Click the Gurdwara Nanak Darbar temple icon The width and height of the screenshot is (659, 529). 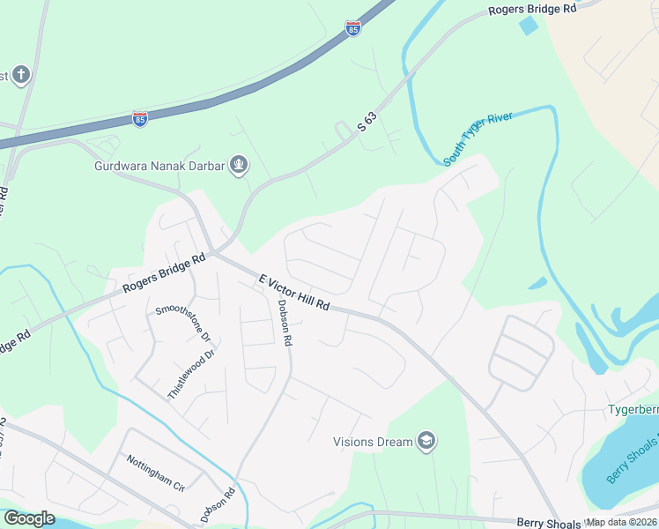(238, 165)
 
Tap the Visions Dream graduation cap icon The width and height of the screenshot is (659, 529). (426, 441)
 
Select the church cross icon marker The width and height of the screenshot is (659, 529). (20, 76)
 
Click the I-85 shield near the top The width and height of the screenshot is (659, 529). (352, 29)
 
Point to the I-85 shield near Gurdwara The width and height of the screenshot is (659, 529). (140, 118)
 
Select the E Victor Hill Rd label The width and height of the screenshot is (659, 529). (294, 292)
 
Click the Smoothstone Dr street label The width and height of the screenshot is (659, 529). (183, 323)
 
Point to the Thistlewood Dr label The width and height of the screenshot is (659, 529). (191, 376)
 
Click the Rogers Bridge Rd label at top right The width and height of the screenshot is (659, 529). (532, 9)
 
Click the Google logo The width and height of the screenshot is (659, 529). (29, 518)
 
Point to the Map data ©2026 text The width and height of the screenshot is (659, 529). (622, 522)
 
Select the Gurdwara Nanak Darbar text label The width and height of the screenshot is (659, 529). (159, 166)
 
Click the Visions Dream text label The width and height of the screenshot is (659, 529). (373, 442)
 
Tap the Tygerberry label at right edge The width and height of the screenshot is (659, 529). (633, 410)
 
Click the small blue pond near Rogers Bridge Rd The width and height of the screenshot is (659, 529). (529, 26)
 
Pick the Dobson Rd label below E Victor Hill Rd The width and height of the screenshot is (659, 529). (283, 323)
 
